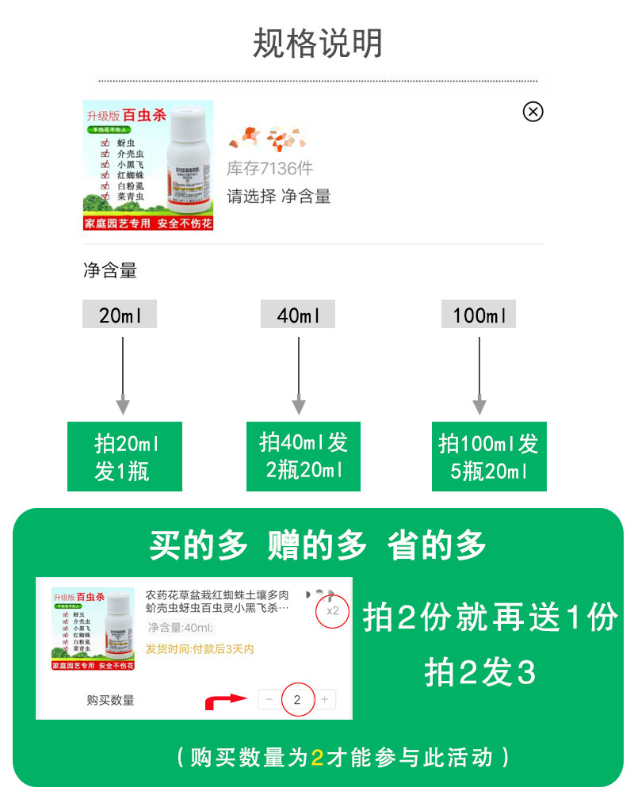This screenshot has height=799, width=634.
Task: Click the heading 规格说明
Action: coord(317,43)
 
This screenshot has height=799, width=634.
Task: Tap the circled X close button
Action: coord(533,112)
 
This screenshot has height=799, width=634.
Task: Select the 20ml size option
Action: coord(120,315)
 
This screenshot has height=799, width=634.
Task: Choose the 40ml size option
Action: coord(298,315)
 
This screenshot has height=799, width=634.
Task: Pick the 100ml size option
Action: coord(479,315)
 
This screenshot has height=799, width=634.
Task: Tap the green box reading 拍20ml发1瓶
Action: coord(124,456)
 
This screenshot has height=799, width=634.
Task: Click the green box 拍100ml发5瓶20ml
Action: coord(488,456)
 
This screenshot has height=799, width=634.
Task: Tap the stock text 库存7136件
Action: coord(269,168)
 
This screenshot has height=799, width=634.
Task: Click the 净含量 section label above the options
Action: coord(110,271)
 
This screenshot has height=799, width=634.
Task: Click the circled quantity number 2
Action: coord(297,699)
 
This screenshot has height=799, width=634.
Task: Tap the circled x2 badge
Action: coord(333,610)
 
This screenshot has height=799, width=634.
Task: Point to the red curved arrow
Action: coord(224,701)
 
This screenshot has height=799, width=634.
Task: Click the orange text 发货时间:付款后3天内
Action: coord(200,649)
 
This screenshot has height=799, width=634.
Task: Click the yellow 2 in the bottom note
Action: coord(317,758)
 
